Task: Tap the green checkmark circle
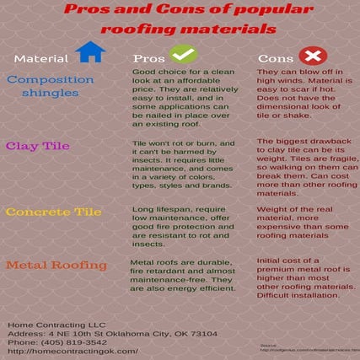coord(185,55)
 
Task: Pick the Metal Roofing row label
coord(56,265)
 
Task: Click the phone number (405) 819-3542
coord(47,342)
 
